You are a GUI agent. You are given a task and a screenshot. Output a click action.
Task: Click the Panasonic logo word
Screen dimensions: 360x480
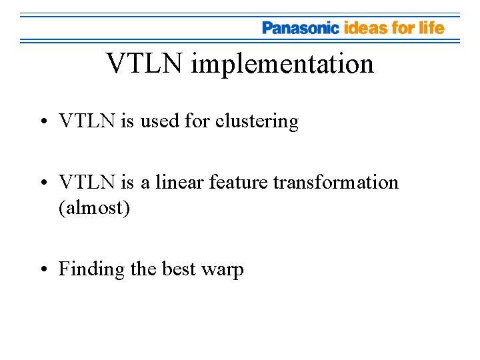pyautogui.click(x=301, y=28)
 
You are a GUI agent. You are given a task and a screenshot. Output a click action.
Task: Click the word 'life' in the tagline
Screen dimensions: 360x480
pyautogui.click(x=431, y=28)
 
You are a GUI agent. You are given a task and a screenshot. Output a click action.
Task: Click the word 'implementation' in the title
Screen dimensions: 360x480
pyautogui.click(x=282, y=65)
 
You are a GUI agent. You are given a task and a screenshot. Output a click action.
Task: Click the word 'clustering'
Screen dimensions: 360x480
pyautogui.click(x=257, y=121)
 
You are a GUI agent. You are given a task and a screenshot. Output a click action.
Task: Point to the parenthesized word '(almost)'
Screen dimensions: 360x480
pyautogui.click(x=94, y=207)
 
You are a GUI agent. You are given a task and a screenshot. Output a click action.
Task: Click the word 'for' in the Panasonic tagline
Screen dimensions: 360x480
pyautogui.click(x=402, y=28)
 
